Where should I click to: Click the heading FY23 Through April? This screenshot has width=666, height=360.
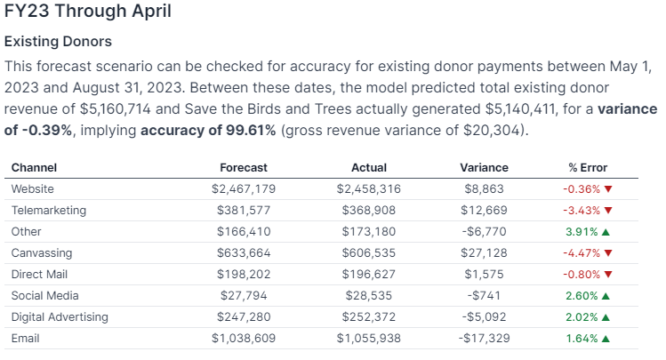click(x=88, y=12)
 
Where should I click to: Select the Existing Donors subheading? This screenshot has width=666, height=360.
click(x=58, y=42)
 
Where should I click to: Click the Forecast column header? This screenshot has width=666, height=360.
click(x=244, y=167)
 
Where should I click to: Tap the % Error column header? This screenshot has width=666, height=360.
click(x=588, y=167)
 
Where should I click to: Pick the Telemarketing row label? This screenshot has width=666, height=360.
click(x=49, y=211)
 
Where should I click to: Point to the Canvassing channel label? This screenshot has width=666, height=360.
click(x=41, y=253)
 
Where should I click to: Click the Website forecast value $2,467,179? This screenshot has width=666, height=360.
click(x=244, y=189)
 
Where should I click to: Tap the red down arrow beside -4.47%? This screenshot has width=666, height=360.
click(x=608, y=253)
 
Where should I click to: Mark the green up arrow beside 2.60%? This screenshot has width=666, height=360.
click(x=606, y=296)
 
